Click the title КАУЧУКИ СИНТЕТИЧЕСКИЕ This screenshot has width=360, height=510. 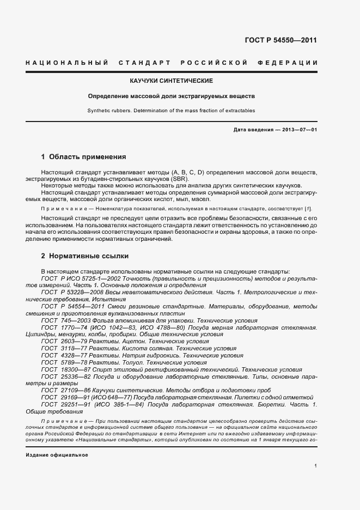(x=171, y=81)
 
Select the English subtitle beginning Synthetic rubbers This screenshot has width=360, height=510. (x=171, y=111)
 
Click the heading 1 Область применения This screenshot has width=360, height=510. (x=83, y=157)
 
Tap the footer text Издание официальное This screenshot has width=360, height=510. (x=57, y=454)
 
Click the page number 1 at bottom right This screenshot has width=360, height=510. (x=316, y=466)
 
